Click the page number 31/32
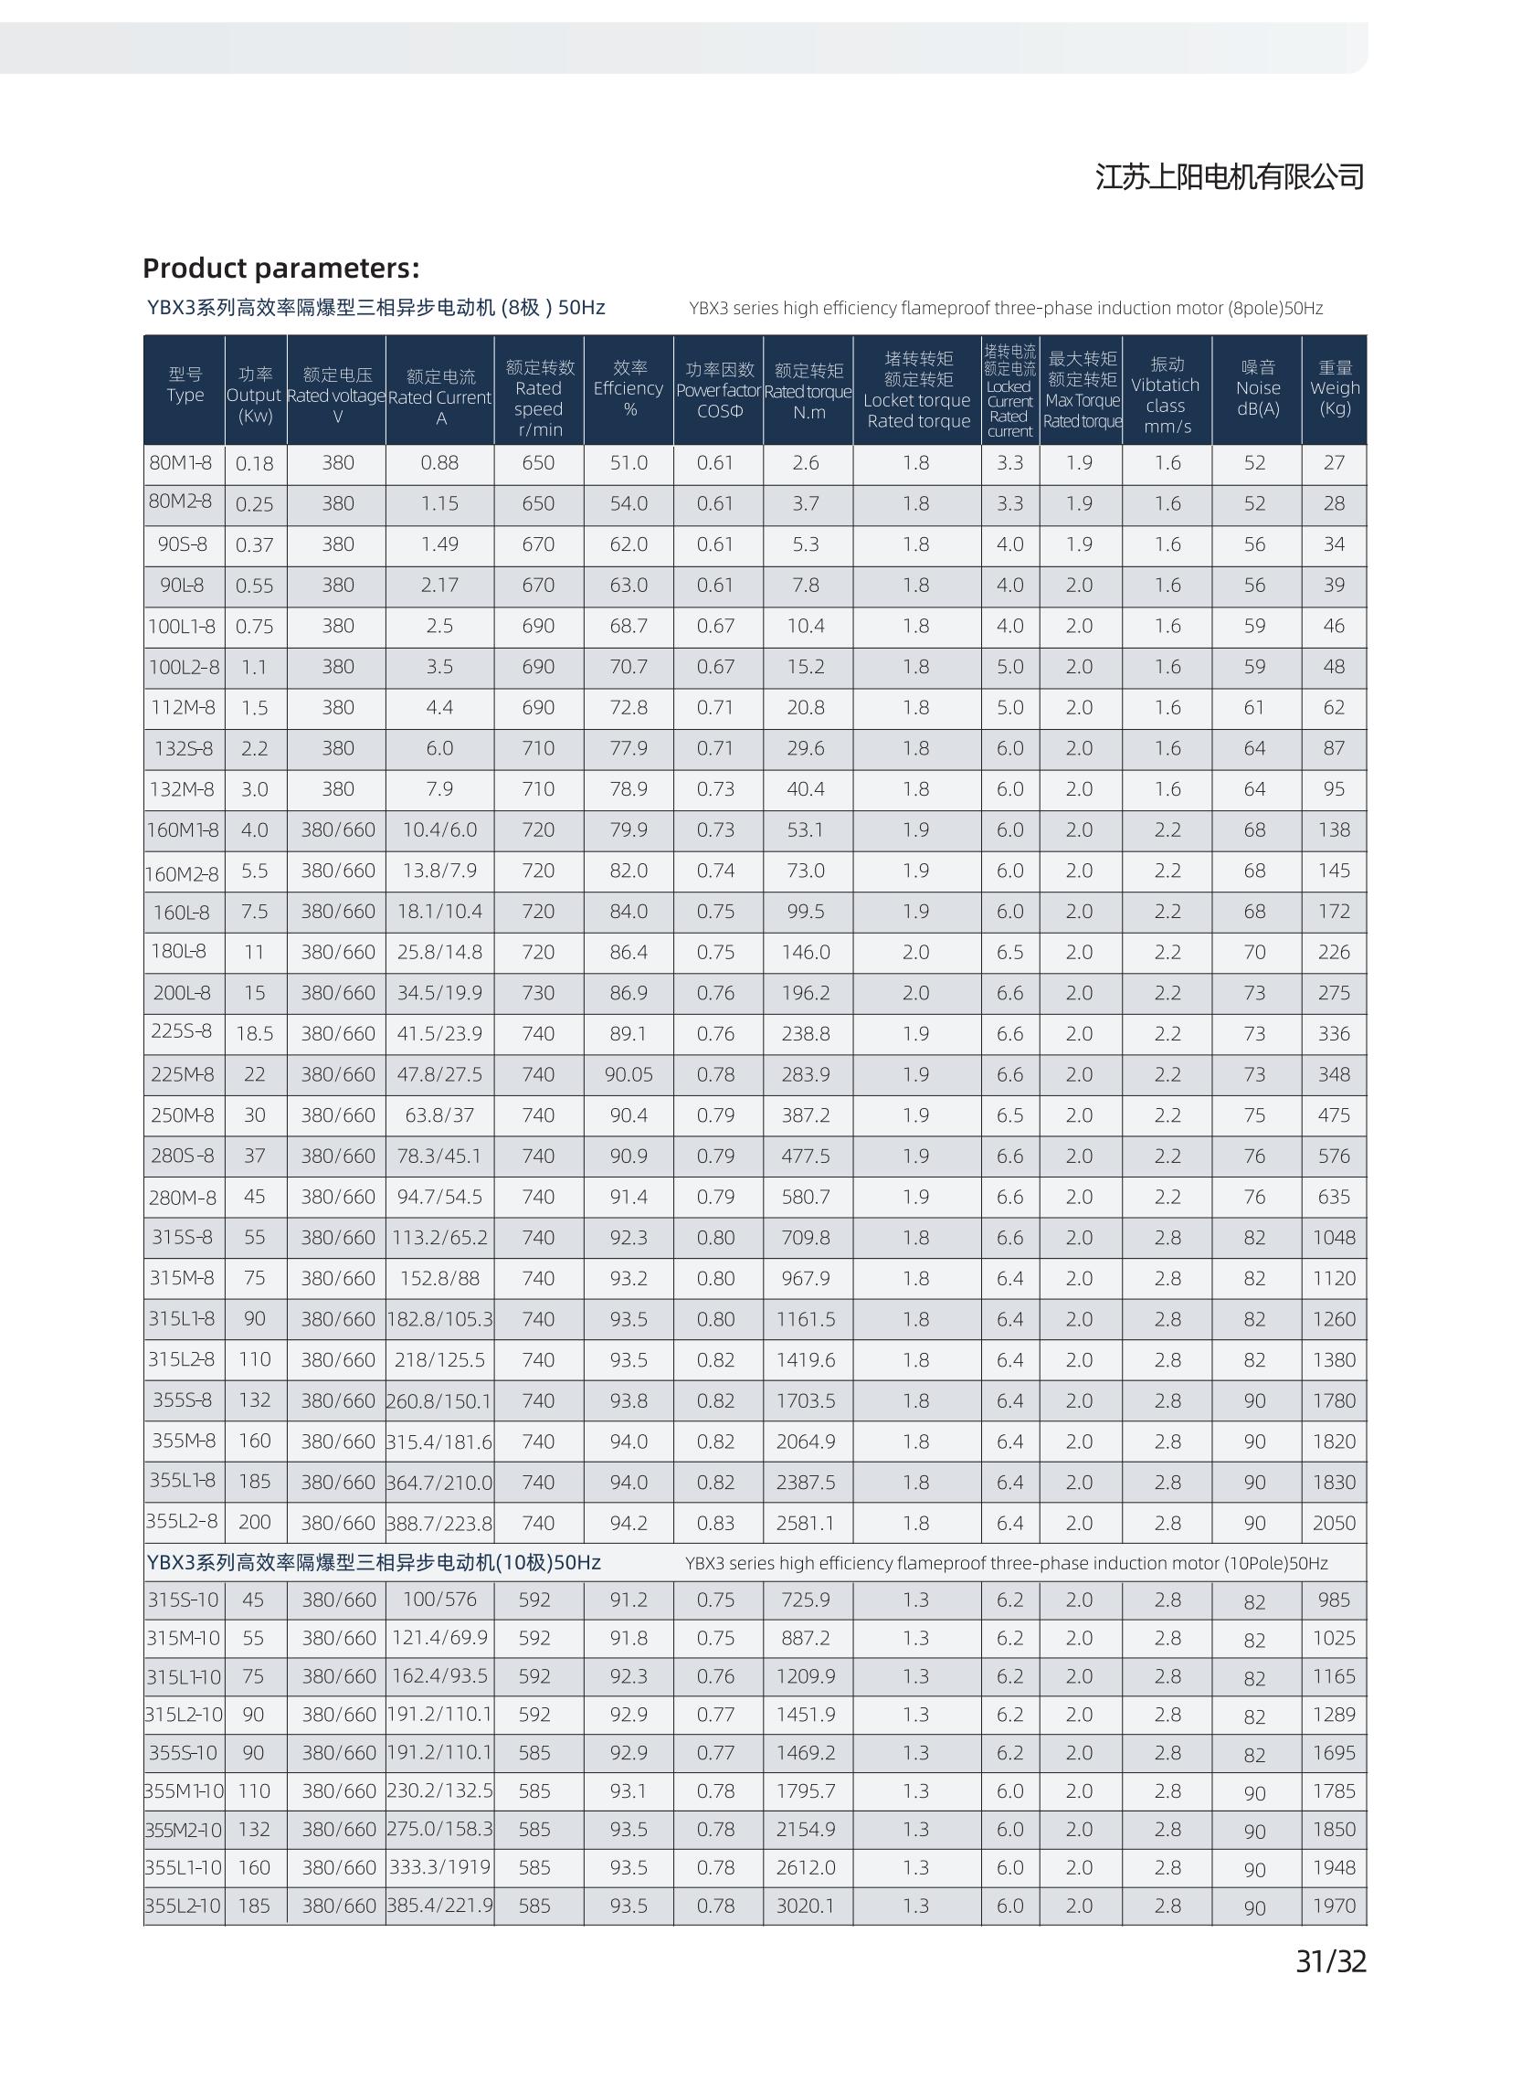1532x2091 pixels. [x=1330, y=1961]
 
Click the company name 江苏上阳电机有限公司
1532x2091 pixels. [x=1230, y=176]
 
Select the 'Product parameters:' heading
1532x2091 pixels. [x=281, y=268]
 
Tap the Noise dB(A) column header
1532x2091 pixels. [x=1257, y=388]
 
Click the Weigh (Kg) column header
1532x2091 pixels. [x=1335, y=388]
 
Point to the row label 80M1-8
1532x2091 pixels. [x=181, y=462]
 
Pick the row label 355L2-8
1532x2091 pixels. [x=182, y=1521]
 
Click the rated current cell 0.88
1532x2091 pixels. [x=439, y=463]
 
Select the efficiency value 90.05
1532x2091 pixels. [x=629, y=1073]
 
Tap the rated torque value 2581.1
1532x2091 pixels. [x=806, y=1523]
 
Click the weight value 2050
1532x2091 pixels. [x=1334, y=1523]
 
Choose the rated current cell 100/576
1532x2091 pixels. [x=439, y=1600]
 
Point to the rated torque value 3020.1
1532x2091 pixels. [x=806, y=1906]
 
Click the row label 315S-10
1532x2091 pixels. [x=184, y=1600]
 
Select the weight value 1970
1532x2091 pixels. [x=1334, y=1906]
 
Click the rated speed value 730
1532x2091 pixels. [x=538, y=992]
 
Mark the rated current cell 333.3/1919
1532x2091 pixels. [x=439, y=1866]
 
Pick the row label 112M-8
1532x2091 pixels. [x=183, y=708]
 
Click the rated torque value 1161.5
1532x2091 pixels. [x=806, y=1318]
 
